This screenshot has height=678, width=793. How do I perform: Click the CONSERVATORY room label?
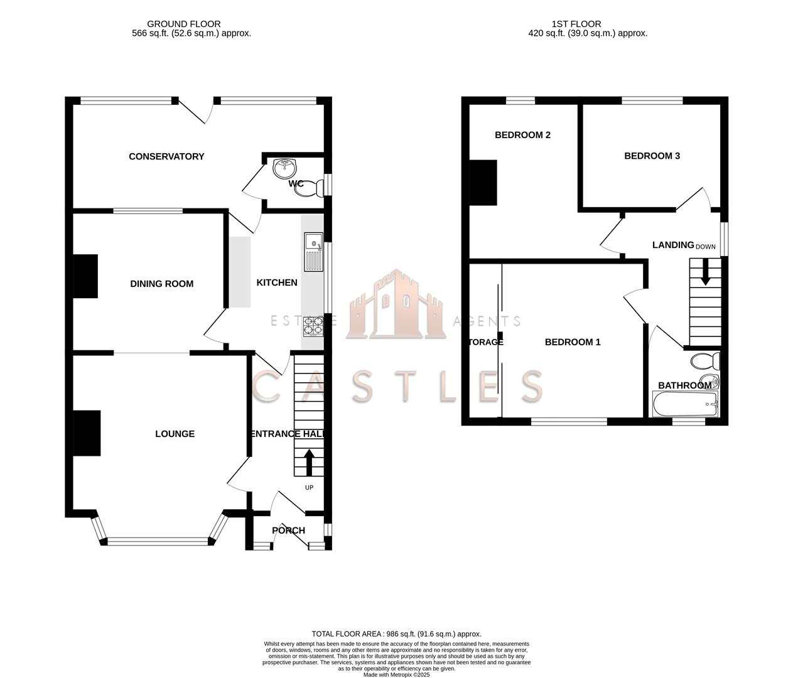point(166,156)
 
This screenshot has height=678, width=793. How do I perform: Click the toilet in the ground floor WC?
point(311,187)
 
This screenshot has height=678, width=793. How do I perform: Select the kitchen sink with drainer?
point(313,252)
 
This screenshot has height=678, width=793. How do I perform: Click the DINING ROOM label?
point(161,284)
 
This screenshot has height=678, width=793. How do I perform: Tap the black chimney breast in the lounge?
point(87,433)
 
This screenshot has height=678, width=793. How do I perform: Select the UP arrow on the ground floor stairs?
point(309,462)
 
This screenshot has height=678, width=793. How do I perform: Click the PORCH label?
point(288,530)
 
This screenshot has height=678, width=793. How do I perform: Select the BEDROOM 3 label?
point(652,156)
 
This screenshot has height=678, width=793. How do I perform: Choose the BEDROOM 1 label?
point(572,342)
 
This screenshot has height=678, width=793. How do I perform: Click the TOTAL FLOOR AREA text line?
point(396,634)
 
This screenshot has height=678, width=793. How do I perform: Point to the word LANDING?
point(672,245)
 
